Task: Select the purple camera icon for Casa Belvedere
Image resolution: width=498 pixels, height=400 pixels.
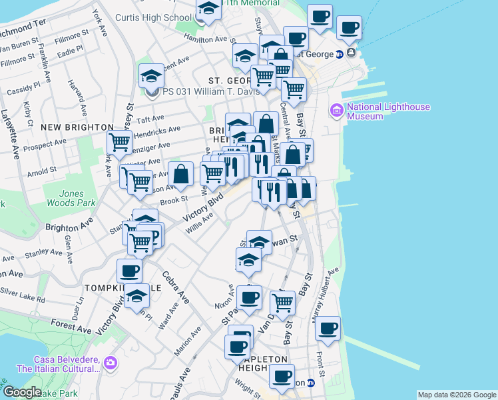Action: [110, 363]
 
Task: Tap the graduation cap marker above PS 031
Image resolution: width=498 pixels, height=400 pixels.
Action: [151, 76]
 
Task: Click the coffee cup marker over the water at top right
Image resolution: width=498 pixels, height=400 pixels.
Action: [349, 28]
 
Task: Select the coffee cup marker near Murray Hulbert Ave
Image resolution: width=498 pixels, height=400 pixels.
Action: [328, 328]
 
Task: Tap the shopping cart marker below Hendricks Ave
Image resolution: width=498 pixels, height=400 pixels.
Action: [119, 141]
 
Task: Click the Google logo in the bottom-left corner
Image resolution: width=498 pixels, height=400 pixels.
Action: [21, 392]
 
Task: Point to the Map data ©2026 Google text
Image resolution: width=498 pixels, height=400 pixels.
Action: [457, 395]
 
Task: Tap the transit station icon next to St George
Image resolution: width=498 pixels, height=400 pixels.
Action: [339, 54]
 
